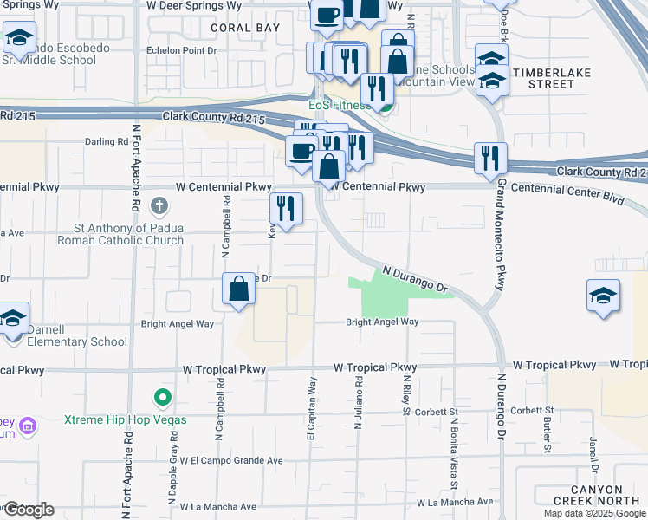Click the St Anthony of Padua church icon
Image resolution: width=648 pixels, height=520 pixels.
tap(159, 207)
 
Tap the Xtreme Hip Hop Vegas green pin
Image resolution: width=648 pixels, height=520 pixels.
tap(161, 399)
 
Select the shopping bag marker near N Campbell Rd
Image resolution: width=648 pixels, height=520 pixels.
tap(239, 289)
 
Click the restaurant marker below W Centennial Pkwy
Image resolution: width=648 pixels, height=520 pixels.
tap(286, 209)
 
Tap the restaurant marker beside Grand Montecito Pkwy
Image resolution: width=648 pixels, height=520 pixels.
tap(490, 159)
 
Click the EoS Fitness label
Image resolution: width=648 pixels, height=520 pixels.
tap(340, 106)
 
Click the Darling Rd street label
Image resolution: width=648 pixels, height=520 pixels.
tap(107, 141)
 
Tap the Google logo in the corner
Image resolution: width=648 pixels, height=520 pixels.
tap(29, 510)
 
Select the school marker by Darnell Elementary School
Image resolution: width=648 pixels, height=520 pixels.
tap(12, 318)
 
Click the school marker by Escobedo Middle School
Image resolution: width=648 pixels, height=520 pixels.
tap(17, 37)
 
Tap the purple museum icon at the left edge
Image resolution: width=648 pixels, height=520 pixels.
tap(27, 426)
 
